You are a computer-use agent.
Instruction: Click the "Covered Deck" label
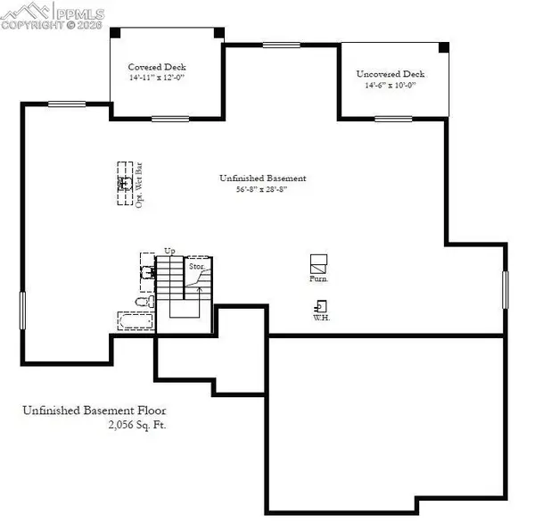(157, 67)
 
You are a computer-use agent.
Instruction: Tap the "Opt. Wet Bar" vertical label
(140, 186)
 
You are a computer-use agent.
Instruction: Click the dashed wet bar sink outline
(124, 183)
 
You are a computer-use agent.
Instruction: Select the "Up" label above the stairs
(169, 251)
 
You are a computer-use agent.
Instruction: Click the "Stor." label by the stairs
(196, 266)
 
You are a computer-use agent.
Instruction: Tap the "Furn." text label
(319, 279)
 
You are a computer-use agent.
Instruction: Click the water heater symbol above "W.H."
(319, 304)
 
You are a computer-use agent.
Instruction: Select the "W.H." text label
(321, 318)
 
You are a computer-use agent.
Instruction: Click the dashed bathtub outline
(134, 321)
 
